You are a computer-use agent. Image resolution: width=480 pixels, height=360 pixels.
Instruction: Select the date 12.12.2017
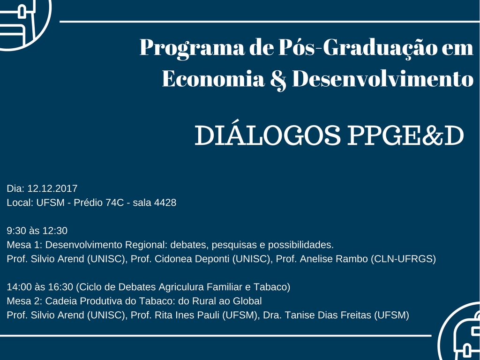(x=52, y=188)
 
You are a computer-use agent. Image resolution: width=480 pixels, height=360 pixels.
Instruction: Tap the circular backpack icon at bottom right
(x=462, y=334)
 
